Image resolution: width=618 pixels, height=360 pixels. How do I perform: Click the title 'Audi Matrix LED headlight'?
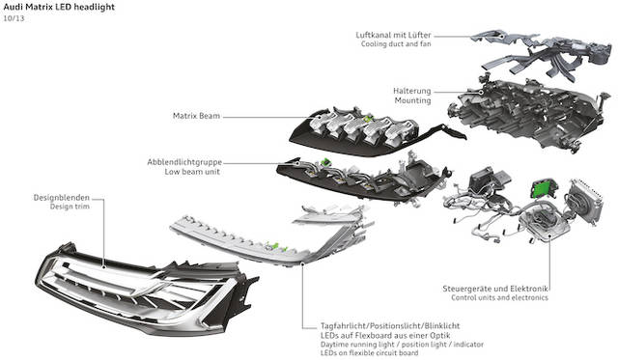pos(59,7)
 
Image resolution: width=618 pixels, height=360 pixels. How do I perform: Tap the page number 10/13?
pos(14,18)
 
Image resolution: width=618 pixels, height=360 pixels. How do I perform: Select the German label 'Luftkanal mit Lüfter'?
pos(393,35)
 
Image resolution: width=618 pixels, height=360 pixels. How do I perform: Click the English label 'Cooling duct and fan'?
pos(396,43)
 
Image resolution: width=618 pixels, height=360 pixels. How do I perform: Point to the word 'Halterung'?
pos(412,91)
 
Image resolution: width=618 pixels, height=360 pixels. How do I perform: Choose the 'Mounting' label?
pos(412,100)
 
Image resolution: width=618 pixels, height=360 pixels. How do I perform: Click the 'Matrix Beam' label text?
pos(196,116)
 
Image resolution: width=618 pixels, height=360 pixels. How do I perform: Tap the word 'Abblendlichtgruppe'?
pos(184,162)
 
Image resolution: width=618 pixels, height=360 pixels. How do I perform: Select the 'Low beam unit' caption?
pos(192,172)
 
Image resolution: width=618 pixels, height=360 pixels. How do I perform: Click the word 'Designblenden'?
pos(62,197)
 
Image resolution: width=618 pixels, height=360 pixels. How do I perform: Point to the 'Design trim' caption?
pos(70,207)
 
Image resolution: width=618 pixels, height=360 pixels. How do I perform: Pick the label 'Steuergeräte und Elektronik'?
pos(495,289)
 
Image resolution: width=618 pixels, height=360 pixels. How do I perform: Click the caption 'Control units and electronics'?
pos(500,298)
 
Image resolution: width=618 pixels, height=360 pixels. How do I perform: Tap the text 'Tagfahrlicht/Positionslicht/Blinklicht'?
pos(390,326)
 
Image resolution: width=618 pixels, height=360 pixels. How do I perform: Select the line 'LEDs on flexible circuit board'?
pos(369,353)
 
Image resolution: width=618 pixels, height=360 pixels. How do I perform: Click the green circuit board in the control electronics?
pos(543,188)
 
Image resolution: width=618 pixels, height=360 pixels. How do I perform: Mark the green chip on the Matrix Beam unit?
pos(368,118)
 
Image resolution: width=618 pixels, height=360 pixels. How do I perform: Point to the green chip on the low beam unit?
pos(325,161)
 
